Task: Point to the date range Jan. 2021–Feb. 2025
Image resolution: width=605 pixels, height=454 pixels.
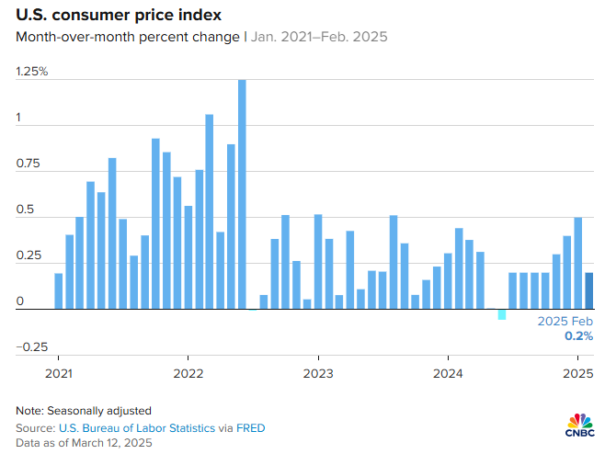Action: (x=319, y=38)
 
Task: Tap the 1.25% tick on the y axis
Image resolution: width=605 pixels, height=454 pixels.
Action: (x=31, y=72)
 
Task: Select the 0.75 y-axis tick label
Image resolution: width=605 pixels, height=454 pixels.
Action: (x=28, y=165)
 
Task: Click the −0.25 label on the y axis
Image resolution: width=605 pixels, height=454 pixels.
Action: (x=29, y=346)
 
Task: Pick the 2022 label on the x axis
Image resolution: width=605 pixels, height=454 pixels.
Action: (x=188, y=374)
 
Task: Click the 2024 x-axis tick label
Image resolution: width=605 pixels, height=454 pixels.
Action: (x=448, y=374)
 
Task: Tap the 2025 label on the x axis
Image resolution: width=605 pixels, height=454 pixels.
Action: (x=576, y=374)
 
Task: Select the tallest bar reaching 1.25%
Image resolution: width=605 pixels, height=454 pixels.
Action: (x=242, y=194)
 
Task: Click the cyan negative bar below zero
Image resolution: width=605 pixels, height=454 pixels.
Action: (x=502, y=314)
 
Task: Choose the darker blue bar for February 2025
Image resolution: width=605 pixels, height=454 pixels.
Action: (x=589, y=290)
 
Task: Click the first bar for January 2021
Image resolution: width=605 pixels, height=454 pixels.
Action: (x=59, y=290)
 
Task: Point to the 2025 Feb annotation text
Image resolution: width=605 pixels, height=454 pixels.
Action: (x=565, y=322)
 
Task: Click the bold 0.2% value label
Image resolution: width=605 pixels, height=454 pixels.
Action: (x=578, y=336)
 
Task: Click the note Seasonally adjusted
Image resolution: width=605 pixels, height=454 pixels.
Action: (x=84, y=410)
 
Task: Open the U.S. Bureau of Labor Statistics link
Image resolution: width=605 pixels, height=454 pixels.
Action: (x=137, y=428)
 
